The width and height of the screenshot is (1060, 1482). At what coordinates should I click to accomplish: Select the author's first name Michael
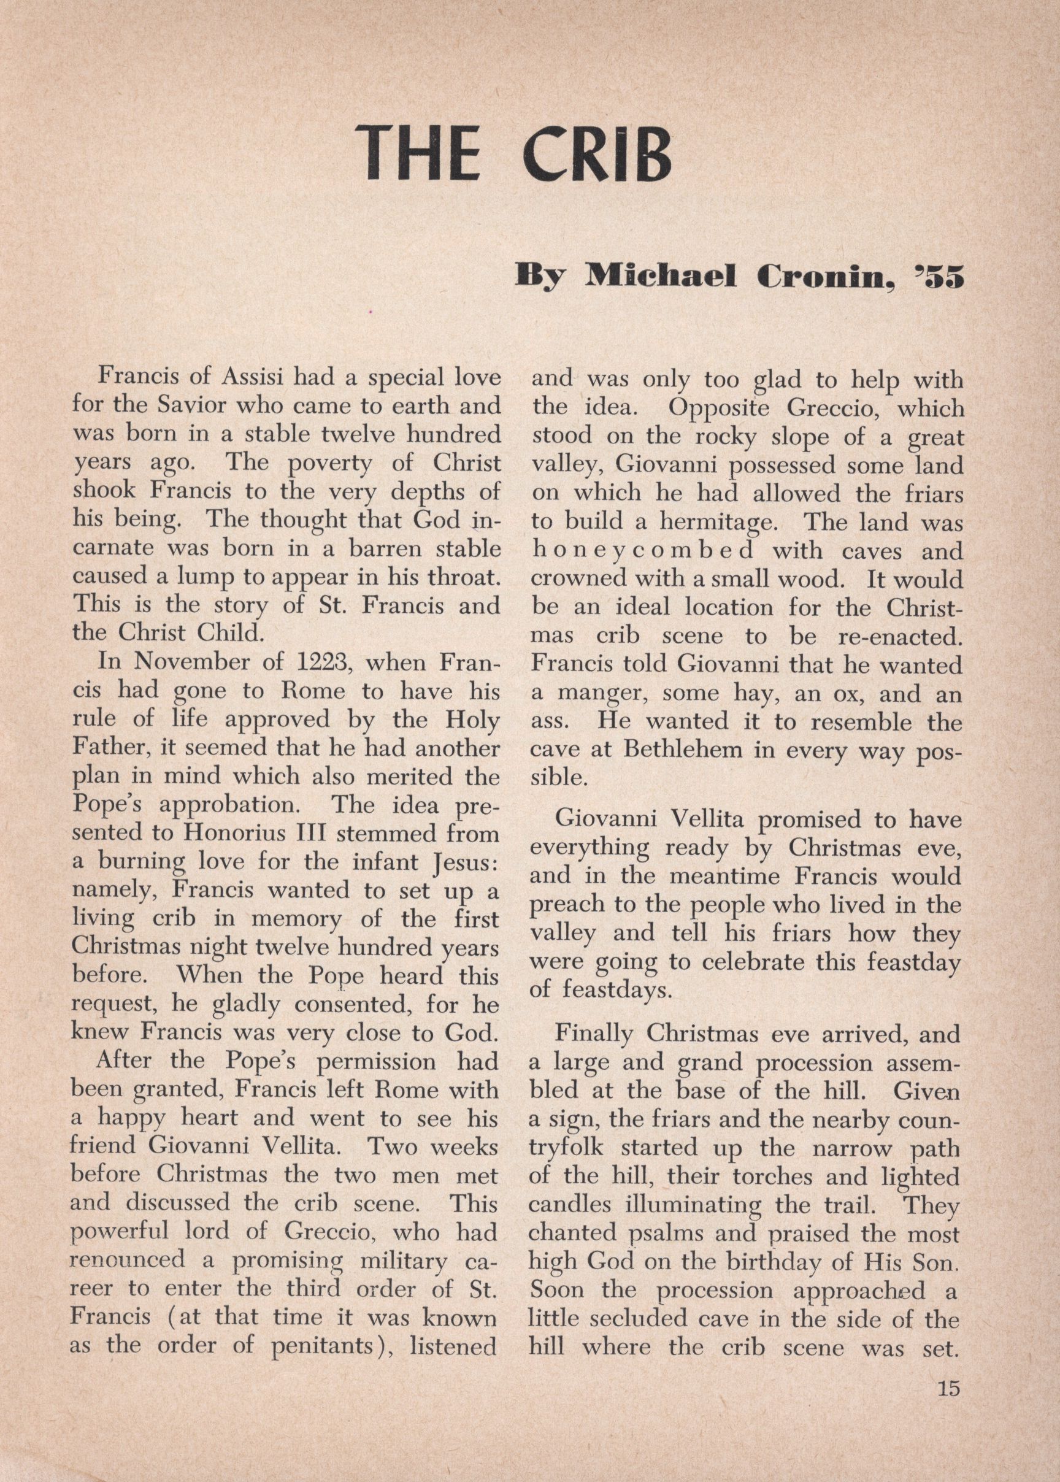click(661, 276)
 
